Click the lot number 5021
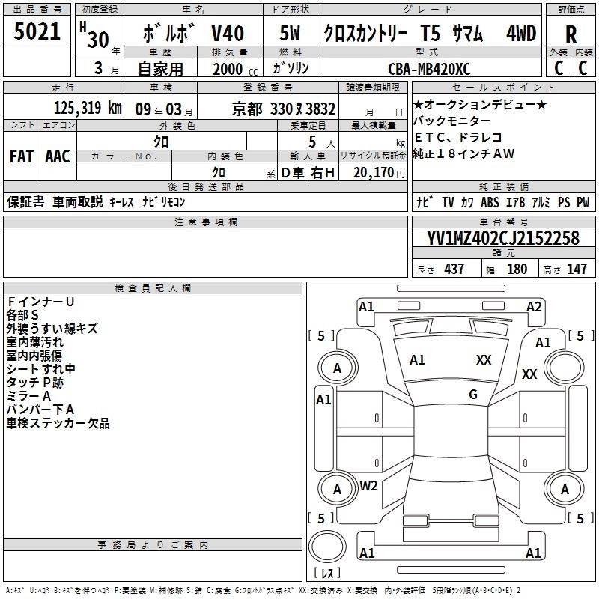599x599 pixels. pyautogui.click(x=37, y=31)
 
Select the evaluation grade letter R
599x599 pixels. pyautogui.click(x=571, y=34)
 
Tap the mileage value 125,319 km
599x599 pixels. pyautogui.click(x=88, y=108)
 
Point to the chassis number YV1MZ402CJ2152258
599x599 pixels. pyautogui.click(x=502, y=238)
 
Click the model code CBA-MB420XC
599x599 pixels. pyautogui.click(x=429, y=69)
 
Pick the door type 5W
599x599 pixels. pyautogui.click(x=290, y=33)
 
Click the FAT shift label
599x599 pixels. pyautogui.click(x=22, y=156)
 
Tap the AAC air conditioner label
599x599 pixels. pyautogui.click(x=58, y=156)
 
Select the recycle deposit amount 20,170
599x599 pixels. pyautogui.click(x=374, y=173)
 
